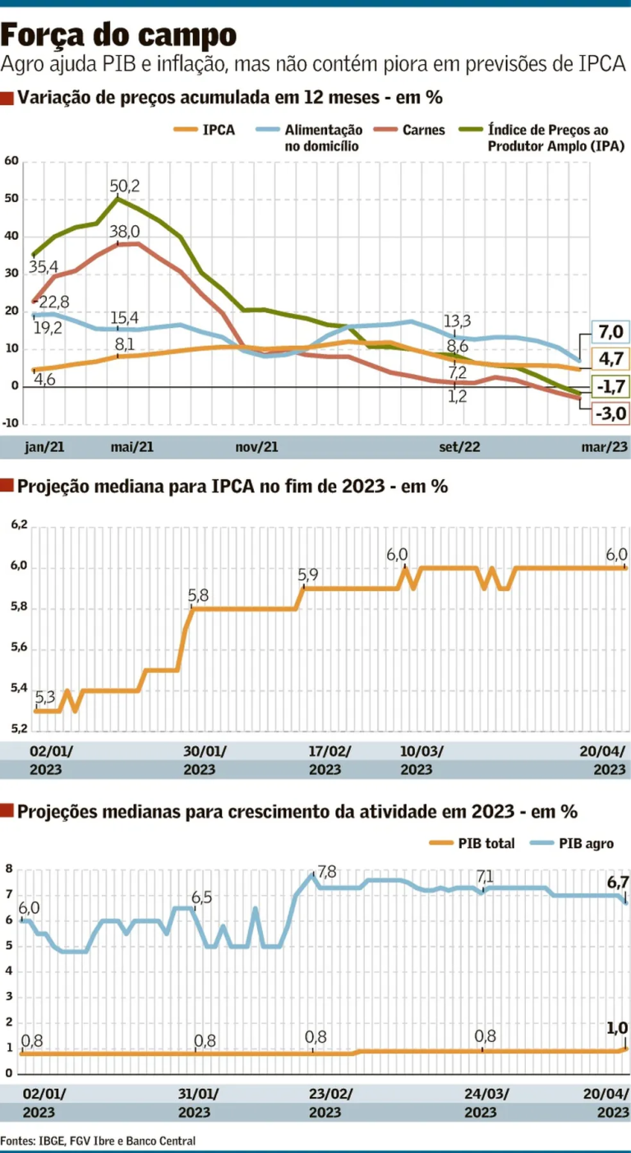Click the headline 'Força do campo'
119,35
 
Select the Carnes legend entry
423,130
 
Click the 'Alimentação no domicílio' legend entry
323,137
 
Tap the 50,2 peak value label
125,186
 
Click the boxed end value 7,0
610,332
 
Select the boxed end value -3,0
610,414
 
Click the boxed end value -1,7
610,386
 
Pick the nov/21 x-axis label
258,448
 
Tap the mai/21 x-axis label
132,448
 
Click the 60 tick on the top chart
12,161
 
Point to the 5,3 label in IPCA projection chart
45,698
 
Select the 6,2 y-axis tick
20,524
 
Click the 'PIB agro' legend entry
586,844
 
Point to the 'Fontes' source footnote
98,1141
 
